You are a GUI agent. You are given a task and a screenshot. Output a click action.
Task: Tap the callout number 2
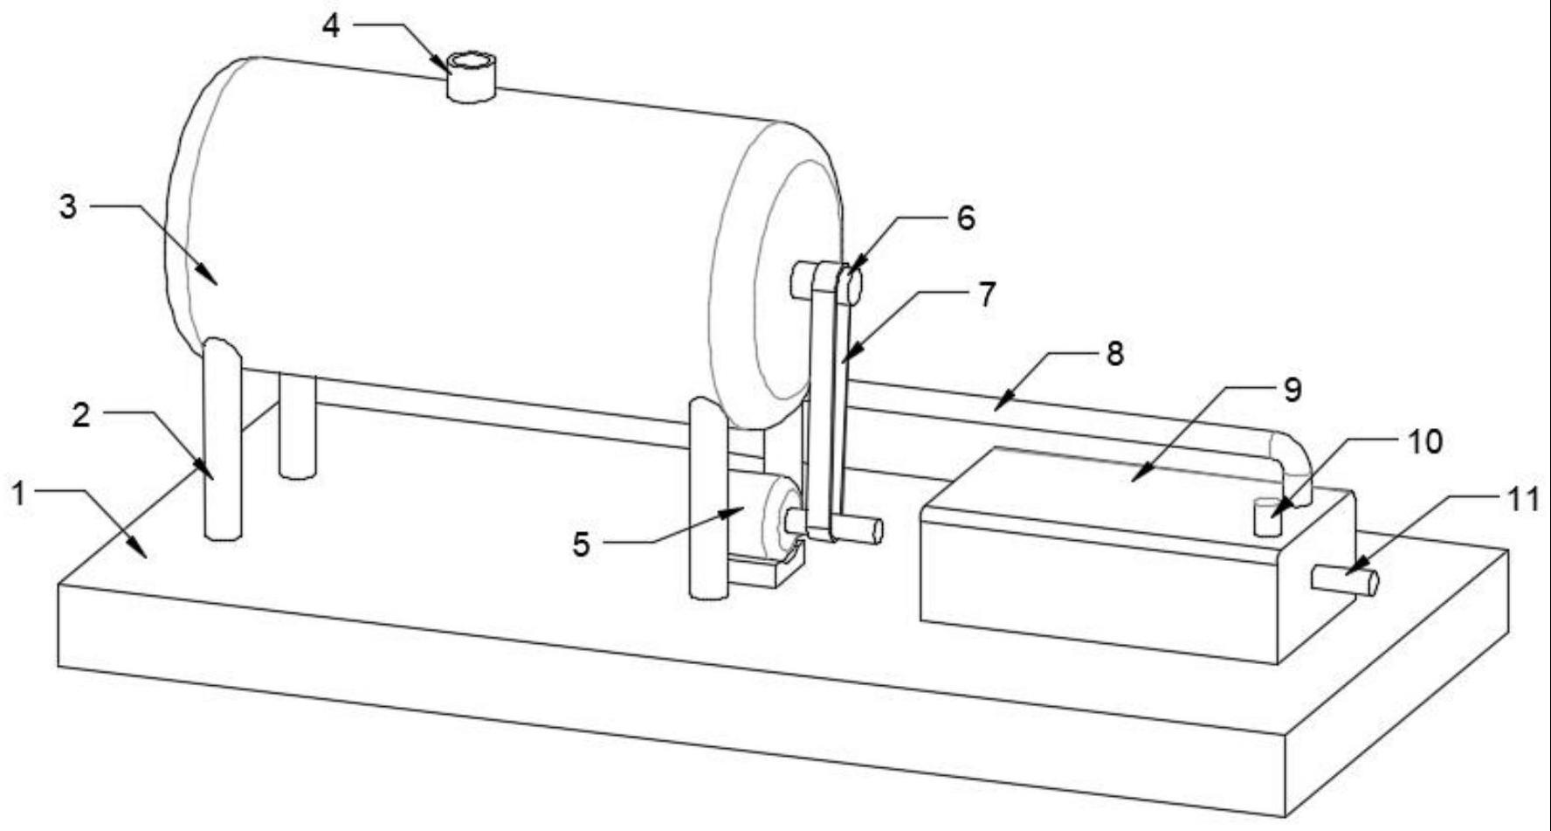point(81,415)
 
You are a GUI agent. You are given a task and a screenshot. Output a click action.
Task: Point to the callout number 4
point(331,26)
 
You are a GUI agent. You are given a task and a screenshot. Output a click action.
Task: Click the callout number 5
point(581,544)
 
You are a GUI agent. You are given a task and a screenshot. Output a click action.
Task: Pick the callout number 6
point(965,218)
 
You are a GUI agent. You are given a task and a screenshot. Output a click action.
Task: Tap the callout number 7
point(986,294)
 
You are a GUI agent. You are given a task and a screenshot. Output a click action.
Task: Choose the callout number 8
point(1114,353)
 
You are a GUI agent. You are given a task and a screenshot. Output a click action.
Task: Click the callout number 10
point(1424,442)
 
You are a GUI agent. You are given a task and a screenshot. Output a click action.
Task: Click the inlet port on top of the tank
point(471,77)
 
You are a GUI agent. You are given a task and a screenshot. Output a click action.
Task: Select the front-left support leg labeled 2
point(222,440)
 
